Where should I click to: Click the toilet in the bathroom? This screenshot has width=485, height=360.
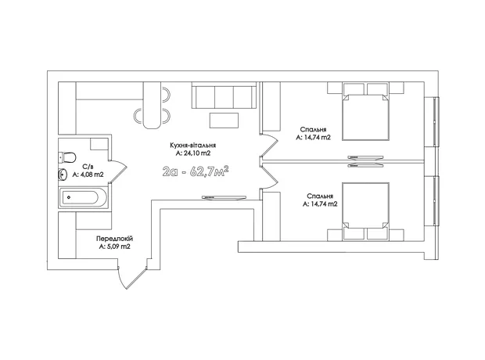pos(67,157)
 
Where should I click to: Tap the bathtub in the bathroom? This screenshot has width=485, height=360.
pos(83,197)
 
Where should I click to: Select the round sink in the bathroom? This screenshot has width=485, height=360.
pos(62,175)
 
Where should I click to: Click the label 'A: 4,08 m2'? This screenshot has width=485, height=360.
pos(88,175)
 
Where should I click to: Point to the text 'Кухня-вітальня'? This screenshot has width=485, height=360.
pos(192,146)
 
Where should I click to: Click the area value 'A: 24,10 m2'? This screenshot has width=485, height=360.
pos(193,153)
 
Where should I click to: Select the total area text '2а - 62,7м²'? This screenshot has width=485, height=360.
pos(196,171)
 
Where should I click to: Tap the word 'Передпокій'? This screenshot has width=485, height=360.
pos(114,239)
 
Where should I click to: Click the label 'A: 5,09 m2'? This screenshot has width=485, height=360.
pos(115,247)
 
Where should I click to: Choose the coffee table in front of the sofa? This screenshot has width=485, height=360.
pos(224,121)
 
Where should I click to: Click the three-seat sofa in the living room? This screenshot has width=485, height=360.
pos(224,95)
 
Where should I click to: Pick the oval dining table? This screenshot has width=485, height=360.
pos(153,105)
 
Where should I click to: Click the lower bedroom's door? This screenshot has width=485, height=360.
pos(269,177)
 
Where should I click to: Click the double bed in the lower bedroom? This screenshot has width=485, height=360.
pos(365,211)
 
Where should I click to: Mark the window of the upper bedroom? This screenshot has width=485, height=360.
pos(436,121)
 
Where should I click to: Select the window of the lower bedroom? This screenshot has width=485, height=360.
pos(436,201)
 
